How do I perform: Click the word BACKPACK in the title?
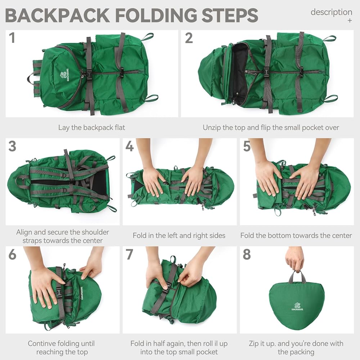[x=57, y=15]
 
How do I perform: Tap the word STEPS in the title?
[x=230, y=15]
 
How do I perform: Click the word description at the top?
[x=331, y=12]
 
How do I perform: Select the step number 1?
[x=12, y=38]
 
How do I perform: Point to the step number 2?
[x=189, y=38]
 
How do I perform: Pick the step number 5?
[x=247, y=146]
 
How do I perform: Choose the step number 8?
[x=247, y=255]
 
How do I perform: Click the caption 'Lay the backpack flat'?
[x=91, y=127]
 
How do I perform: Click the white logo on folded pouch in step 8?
[x=297, y=307]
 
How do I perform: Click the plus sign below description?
[x=350, y=21]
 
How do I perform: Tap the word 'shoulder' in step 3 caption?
[x=95, y=232]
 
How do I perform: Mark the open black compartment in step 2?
[x=240, y=74]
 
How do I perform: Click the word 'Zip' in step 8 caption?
[x=254, y=344]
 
